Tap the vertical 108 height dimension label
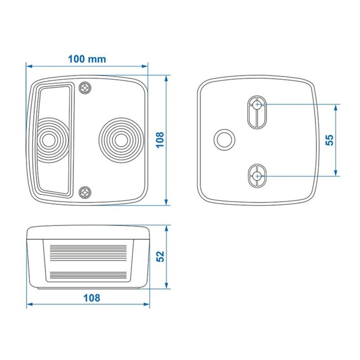(160, 140)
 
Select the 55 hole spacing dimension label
(329, 140)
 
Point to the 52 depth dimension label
(160, 256)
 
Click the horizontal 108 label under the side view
(91, 297)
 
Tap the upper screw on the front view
(86, 88)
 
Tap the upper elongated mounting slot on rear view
(257, 113)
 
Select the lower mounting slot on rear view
(257, 177)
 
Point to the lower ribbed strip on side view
(89, 274)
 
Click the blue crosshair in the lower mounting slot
(257, 176)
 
